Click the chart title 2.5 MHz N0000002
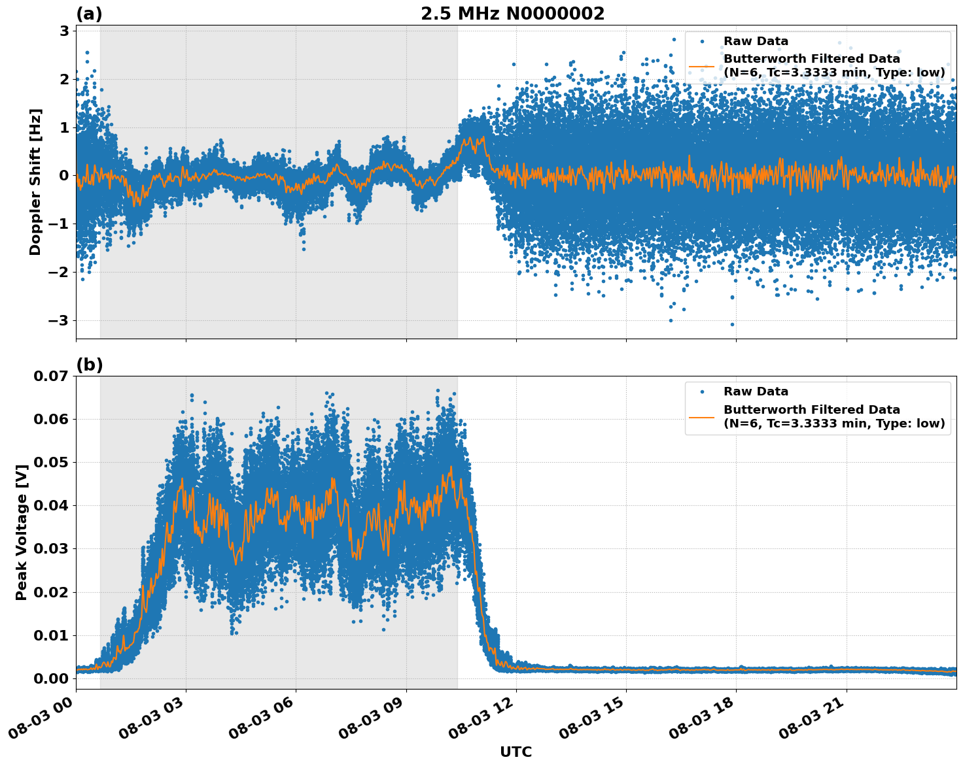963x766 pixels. click(x=512, y=14)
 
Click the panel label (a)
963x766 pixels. click(x=89, y=14)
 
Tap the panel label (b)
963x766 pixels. click(x=89, y=365)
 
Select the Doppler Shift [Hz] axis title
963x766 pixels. click(x=35, y=182)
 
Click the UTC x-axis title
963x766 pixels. click(x=516, y=752)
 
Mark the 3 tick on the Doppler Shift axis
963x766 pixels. click(x=64, y=31)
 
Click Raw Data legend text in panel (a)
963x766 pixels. click(x=756, y=41)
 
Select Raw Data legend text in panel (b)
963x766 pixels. click(x=756, y=391)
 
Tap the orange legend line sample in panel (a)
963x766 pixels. click(x=702, y=66)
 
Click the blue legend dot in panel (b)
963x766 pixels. click(x=702, y=392)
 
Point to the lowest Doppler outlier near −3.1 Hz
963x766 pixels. click(x=732, y=324)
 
